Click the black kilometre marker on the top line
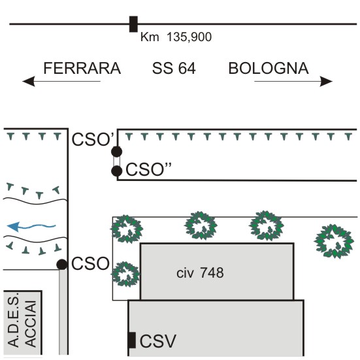[133, 24]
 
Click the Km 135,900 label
[176, 37]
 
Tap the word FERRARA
[82, 69]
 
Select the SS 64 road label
[174, 69]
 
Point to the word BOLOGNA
[269, 69]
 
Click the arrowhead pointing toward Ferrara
[29, 81]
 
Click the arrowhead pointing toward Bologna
[326, 81]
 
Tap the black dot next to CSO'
[117, 152]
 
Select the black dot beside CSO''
[117, 171]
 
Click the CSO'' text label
[148, 169]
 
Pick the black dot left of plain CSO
[62, 265]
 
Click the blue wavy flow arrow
[31, 227]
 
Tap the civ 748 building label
[200, 273]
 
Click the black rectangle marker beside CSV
[131, 340]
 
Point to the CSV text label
[158, 341]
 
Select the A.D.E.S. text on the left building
[13, 320]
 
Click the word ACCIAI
[31, 323]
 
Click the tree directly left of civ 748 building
[125, 274]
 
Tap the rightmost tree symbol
[334, 241]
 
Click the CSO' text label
[93, 139]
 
